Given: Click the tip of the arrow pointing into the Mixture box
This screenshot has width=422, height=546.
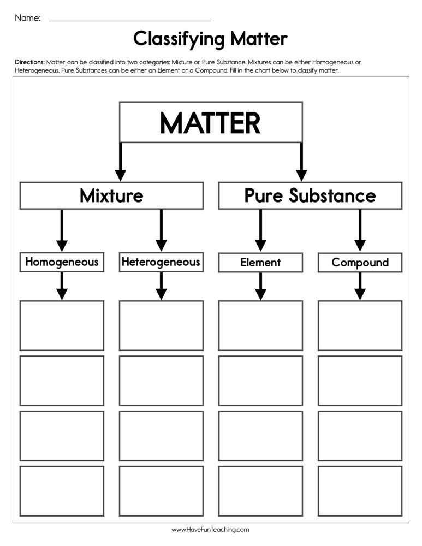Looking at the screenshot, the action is (x=121, y=181).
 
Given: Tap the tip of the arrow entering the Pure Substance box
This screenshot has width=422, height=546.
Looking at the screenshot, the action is (x=301, y=181).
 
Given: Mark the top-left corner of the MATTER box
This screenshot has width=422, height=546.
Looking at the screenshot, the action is (x=120, y=102).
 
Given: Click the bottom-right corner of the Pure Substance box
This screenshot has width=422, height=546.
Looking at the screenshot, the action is (x=402, y=209).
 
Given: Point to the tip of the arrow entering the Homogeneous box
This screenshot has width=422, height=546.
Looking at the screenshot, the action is (x=62, y=252).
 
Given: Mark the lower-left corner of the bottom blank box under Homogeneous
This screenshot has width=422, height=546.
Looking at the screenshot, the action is (x=20, y=516).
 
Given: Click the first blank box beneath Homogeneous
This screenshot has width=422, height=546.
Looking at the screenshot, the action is (x=62, y=325).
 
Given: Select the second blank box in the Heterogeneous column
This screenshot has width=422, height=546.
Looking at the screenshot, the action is (x=161, y=381).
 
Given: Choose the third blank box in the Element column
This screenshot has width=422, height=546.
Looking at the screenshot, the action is (x=261, y=436).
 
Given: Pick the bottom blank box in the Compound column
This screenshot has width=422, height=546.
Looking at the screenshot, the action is (x=360, y=491).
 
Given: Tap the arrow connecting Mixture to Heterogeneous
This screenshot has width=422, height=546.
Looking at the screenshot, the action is (x=161, y=230).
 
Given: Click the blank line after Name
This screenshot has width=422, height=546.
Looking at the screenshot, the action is (x=129, y=21).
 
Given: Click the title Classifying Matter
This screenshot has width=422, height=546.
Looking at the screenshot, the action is (x=210, y=39).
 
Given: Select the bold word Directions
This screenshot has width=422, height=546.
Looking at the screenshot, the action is (x=29, y=62).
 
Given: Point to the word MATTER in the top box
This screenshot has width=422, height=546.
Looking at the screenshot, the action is (x=210, y=123).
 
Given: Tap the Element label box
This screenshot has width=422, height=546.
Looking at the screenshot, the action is (x=261, y=263).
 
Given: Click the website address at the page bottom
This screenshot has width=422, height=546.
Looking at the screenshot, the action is (x=210, y=530).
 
